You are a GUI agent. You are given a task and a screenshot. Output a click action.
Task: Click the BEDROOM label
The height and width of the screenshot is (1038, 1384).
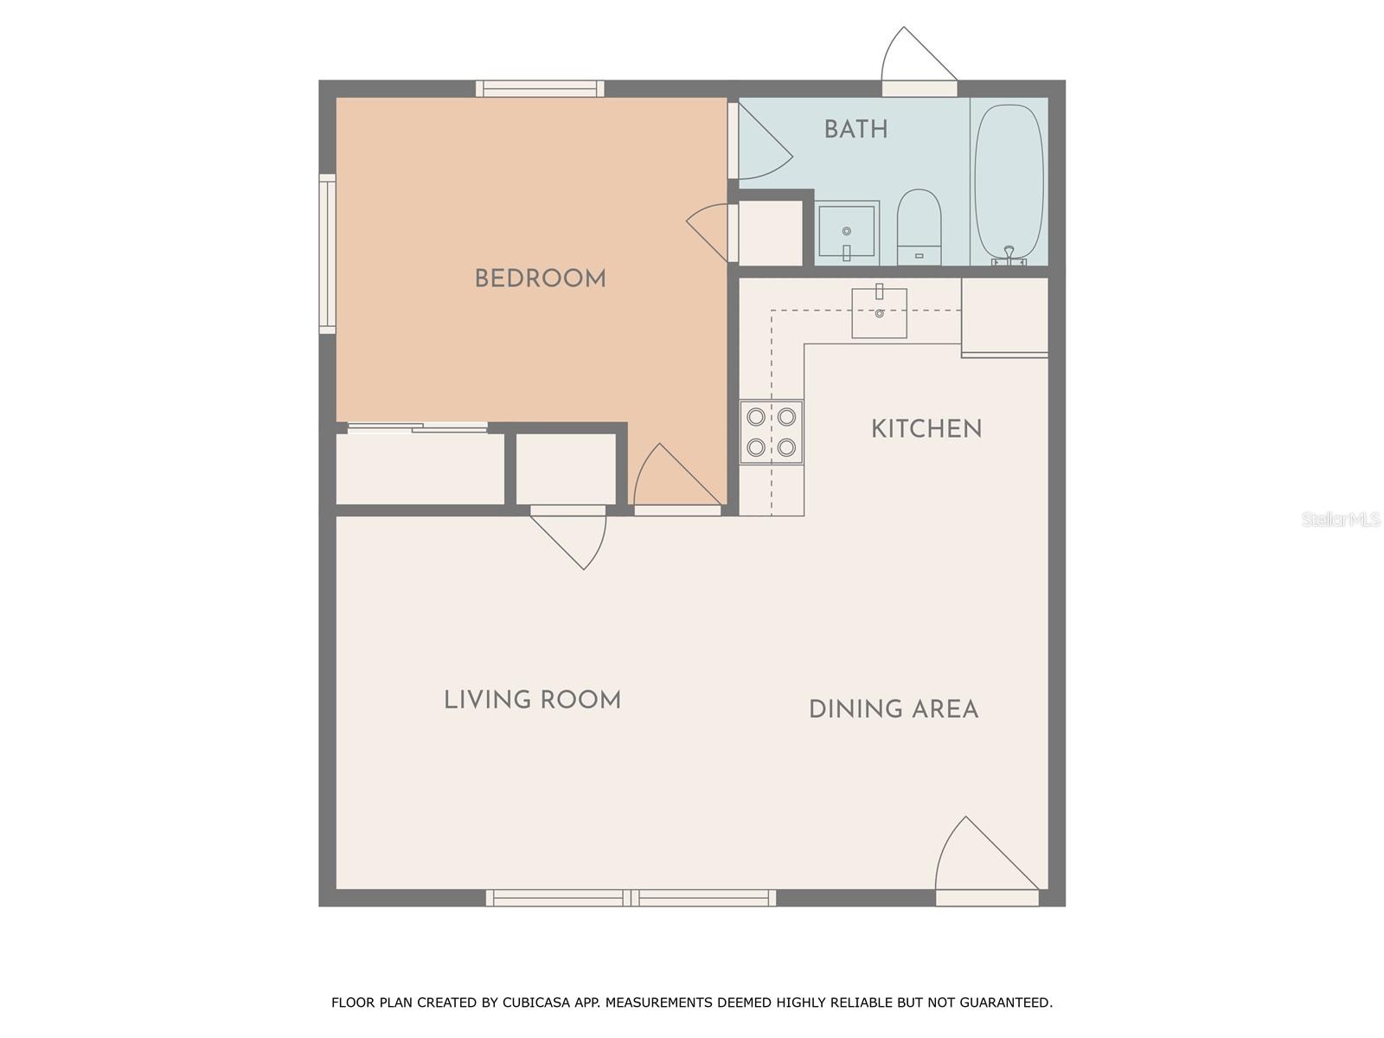tap(540, 279)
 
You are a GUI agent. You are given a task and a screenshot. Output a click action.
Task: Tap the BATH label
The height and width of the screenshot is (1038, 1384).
tap(855, 130)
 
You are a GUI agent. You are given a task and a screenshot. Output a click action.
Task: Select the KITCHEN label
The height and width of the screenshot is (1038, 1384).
tap(926, 429)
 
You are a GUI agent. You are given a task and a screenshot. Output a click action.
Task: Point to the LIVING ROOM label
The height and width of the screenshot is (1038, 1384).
tap(532, 700)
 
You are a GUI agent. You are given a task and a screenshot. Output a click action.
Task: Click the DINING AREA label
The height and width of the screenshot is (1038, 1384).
tap(893, 709)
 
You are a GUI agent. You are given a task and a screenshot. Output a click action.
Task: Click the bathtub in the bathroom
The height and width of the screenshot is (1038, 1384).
tap(1009, 182)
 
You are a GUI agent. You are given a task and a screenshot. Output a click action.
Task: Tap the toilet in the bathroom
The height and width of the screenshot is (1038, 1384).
tap(919, 227)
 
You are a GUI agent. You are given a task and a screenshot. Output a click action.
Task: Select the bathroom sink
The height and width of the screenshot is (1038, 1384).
tap(847, 232)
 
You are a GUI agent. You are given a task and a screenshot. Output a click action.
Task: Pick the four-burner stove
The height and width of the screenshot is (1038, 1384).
tap(771, 432)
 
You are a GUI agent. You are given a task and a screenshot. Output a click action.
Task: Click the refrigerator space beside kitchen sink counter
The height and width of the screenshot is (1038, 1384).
tap(1004, 316)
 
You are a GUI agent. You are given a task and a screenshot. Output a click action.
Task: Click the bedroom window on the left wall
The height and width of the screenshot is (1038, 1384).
tap(327, 253)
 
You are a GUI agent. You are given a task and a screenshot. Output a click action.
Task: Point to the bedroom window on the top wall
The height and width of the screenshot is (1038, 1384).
tap(540, 88)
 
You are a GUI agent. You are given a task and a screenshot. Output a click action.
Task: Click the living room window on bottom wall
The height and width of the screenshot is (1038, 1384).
tap(631, 898)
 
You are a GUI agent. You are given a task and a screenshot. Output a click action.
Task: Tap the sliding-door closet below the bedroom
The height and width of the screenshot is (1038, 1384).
tap(420, 467)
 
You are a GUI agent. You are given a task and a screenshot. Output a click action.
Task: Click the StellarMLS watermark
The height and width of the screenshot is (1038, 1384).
tap(1340, 519)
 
